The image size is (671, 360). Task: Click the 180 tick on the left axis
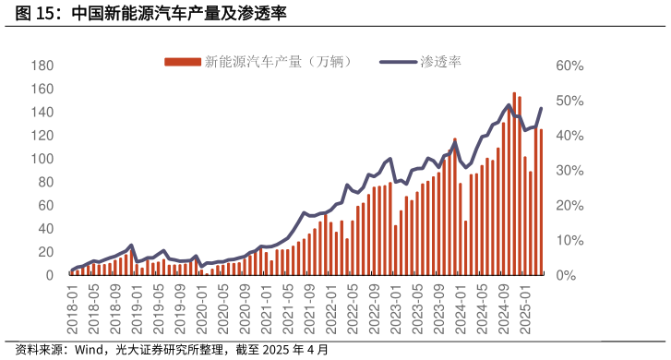pos(42,66)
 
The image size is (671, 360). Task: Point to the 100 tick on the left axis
pos(42,159)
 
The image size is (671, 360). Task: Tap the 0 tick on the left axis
pos(48,275)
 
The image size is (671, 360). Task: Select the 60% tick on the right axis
pos(569,66)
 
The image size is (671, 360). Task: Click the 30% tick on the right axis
pos(569,171)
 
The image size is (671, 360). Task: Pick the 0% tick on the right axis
pos(565,275)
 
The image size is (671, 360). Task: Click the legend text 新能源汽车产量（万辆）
pos(278,62)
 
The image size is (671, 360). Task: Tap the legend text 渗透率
pos(440,62)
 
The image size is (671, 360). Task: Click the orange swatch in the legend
pos(182,62)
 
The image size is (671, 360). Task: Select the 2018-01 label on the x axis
pos(72,303)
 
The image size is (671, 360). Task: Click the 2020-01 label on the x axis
pos(201,303)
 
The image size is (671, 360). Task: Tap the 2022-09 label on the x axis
pos(373,303)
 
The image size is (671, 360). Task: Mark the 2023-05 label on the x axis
pos(416,303)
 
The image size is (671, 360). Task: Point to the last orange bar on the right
pos(541,203)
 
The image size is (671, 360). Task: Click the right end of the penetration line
pos(541,109)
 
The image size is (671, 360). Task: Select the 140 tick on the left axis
pos(42,113)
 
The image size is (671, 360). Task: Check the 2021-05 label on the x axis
pos(287,303)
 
